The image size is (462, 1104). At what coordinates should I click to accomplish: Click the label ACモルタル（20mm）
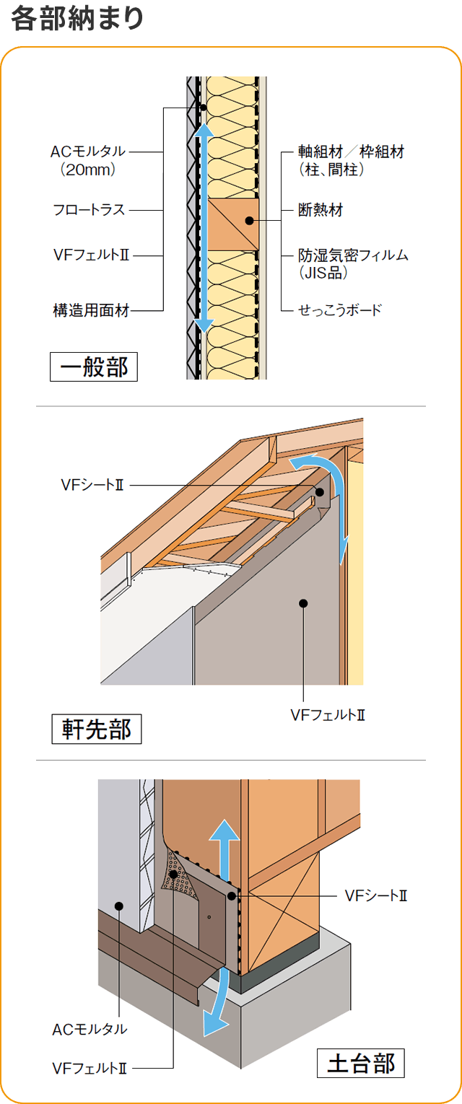(88, 160)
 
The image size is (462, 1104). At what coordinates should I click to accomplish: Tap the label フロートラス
(89, 210)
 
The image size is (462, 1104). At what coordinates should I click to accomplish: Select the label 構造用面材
(91, 311)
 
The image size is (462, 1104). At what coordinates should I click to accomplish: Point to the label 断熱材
(321, 210)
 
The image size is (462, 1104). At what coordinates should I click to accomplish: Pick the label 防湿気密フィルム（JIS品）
(353, 263)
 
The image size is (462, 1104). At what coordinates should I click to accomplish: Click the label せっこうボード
(339, 310)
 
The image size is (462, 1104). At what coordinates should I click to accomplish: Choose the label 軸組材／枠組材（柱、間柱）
(351, 160)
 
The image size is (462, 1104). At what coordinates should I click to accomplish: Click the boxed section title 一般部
(94, 367)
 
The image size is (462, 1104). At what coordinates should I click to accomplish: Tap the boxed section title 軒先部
(97, 729)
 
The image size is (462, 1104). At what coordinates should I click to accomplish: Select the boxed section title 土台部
(361, 1064)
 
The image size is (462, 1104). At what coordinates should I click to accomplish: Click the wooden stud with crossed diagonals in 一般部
(233, 224)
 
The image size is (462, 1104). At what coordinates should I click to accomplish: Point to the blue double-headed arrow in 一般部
(205, 227)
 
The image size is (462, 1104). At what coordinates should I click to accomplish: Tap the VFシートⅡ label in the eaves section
(92, 486)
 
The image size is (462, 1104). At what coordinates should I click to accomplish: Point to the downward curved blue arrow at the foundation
(217, 1003)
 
